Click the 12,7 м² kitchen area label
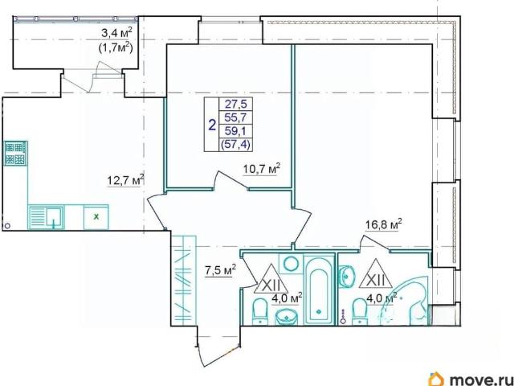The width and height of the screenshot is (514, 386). tap(126, 180)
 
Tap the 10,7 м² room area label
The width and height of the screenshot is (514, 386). tap(262, 170)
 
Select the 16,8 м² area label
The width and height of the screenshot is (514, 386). tap(384, 225)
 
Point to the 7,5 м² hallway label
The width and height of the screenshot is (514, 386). tap(221, 272)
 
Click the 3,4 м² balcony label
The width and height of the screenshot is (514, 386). tap(116, 33)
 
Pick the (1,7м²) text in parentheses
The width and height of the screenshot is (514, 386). tap(116, 48)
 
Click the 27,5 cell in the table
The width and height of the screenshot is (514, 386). tap(235, 105)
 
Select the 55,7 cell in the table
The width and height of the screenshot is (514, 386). tap(235, 118)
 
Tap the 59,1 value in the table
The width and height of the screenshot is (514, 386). tap(235, 131)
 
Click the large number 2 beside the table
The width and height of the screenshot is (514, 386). tap(212, 125)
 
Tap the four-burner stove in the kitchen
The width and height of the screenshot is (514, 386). tap(15, 154)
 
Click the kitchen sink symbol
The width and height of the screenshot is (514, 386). tap(46, 217)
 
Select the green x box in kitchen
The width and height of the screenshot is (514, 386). tap(96, 217)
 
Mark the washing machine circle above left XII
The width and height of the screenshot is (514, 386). tap(291, 263)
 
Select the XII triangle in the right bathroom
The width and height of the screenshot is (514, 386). tap(376, 274)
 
